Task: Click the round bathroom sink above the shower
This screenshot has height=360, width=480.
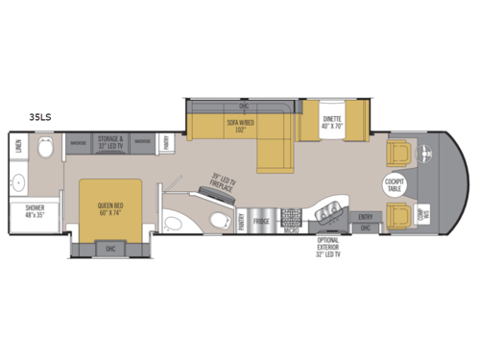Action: point(17,180)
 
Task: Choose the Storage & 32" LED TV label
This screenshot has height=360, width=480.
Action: point(113,141)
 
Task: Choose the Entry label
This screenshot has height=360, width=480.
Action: point(365,217)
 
